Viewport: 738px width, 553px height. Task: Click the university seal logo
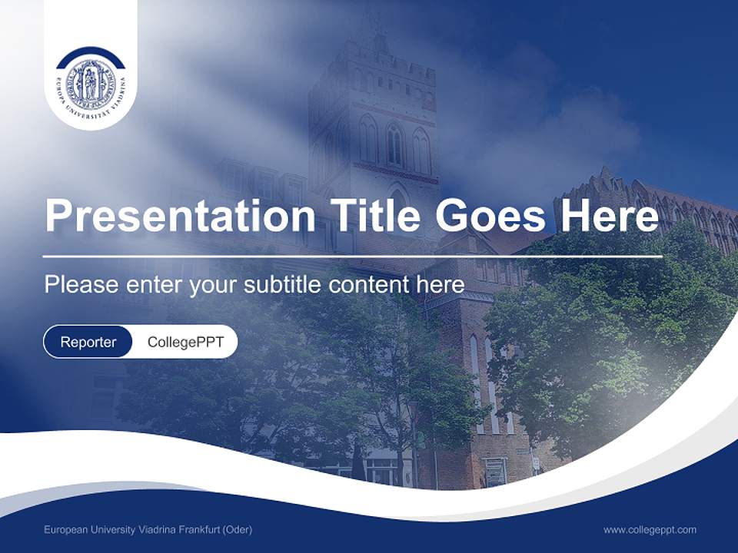click(x=91, y=82)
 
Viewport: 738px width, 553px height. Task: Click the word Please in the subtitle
click(x=81, y=285)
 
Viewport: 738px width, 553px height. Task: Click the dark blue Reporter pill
click(x=88, y=342)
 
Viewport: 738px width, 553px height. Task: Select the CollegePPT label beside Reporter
click(x=185, y=342)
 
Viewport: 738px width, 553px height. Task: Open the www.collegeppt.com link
click(x=650, y=530)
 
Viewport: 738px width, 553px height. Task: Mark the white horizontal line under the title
click(x=352, y=256)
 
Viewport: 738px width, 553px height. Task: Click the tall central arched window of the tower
click(x=394, y=144)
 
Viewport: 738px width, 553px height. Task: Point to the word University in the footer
click(x=111, y=530)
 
